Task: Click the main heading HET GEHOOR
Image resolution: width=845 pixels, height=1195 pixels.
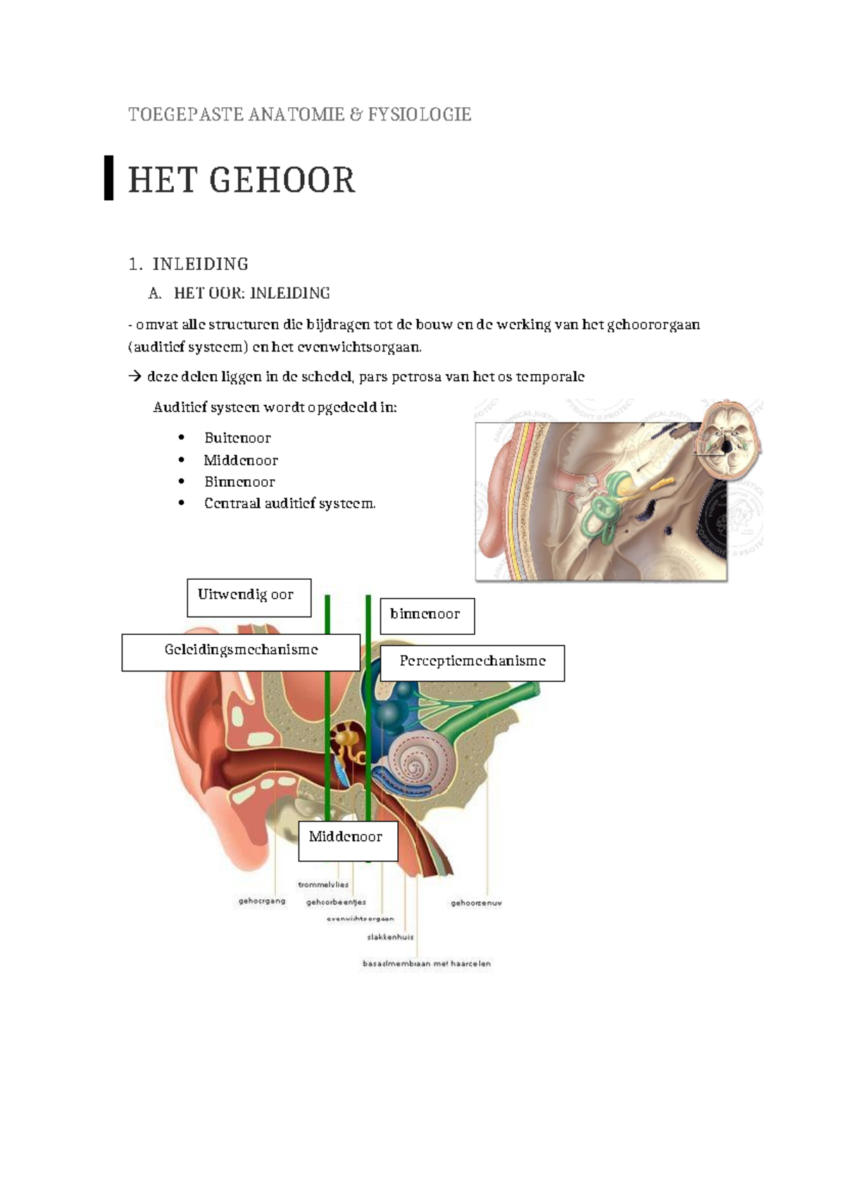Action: tap(242, 180)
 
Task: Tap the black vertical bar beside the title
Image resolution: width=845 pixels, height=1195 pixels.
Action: tap(108, 178)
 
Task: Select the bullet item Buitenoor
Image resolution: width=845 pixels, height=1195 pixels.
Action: tap(237, 438)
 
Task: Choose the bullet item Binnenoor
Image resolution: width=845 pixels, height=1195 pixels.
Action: tap(239, 482)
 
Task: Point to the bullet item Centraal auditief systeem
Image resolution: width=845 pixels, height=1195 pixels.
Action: tap(289, 503)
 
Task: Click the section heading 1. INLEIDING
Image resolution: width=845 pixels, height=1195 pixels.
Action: tap(189, 264)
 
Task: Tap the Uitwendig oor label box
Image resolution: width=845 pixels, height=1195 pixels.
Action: tap(249, 597)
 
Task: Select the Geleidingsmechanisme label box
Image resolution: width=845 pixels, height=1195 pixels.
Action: tap(241, 652)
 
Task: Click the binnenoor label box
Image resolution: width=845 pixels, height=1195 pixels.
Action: tap(427, 616)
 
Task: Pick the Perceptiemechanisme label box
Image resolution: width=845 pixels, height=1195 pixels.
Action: tap(472, 662)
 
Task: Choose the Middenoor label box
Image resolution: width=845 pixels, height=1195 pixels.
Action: tap(348, 840)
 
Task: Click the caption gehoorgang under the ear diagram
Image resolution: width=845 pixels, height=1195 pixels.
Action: tap(262, 900)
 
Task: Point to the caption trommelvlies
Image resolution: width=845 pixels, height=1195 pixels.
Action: tap(323, 884)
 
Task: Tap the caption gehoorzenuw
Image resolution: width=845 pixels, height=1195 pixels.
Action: tap(476, 903)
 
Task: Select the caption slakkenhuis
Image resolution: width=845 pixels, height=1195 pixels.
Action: tap(390, 937)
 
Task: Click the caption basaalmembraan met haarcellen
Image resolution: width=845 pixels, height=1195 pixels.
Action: tap(426, 963)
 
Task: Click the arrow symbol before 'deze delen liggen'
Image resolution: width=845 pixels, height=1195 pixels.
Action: tap(134, 377)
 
